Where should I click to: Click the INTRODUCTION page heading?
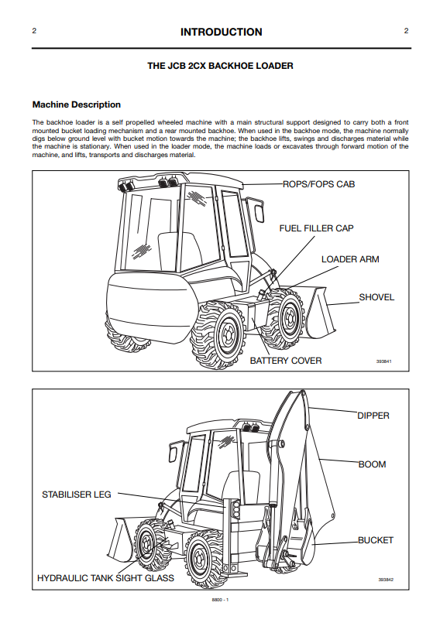coord(222,33)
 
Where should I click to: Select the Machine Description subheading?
coord(77,105)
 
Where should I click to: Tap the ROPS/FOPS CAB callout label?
coord(318,184)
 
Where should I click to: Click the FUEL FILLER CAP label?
coord(316,228)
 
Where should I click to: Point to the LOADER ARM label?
coord(350,259)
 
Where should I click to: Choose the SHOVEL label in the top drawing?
coord(376,297)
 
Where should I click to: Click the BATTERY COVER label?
coord(286,361)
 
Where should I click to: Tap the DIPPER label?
coord(373,416)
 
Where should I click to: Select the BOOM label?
coord(372,464)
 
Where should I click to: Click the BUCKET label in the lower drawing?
coord(376,540)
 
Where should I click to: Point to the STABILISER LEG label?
coord(77,495)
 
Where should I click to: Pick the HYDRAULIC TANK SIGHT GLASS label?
coord(105,578)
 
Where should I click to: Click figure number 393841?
coord(384,361)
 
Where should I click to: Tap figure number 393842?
coord(386,580)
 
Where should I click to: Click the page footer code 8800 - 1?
coord(220,600)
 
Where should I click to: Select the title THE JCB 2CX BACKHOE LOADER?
coord(221,66)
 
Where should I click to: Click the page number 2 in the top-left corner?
coord(34,31)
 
